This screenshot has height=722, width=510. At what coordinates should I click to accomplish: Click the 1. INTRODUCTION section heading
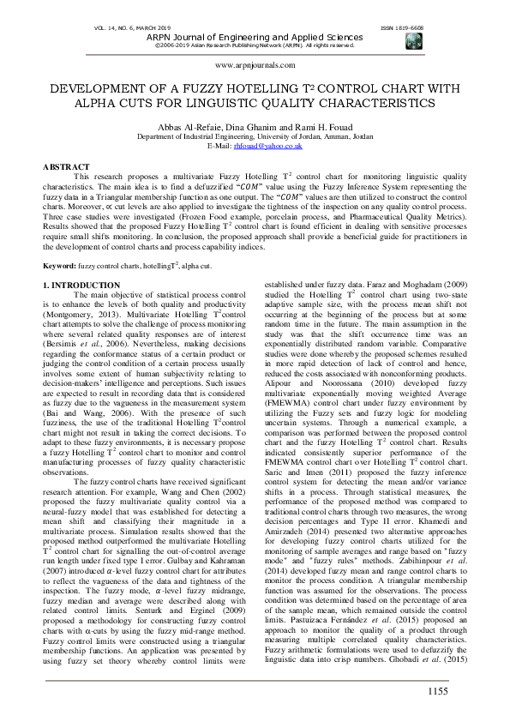(x=81, y=284)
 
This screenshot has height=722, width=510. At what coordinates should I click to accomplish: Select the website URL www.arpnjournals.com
(x=255, y=65)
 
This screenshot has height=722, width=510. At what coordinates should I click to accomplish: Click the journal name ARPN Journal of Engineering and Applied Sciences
(x=255, y=38)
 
